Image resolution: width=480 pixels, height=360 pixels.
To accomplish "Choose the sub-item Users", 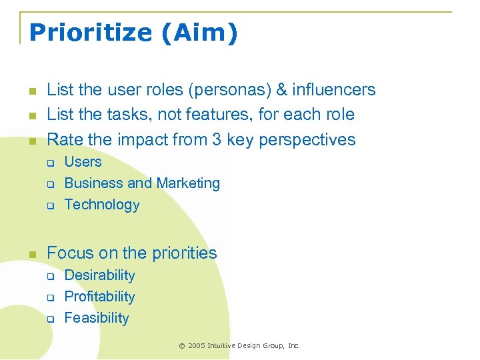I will pos(83,162).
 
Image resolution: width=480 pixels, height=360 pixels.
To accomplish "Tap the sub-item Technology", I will pos(101,205).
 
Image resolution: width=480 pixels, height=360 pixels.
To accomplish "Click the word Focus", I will pos(71,253).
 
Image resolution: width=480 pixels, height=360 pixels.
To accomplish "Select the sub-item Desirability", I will pos(99,275).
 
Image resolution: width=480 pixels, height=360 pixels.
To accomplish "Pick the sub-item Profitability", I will pos(99,297).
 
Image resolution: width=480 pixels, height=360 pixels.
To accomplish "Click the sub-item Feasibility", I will pos(96,318).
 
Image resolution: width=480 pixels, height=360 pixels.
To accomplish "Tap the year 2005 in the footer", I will pos(197,345).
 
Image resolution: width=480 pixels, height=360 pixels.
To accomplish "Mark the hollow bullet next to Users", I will pos(49,163).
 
